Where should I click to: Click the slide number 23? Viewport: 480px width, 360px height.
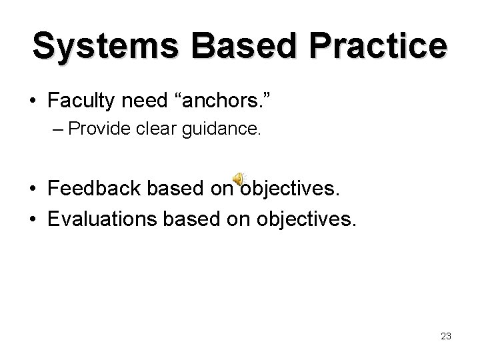pos(446,337)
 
